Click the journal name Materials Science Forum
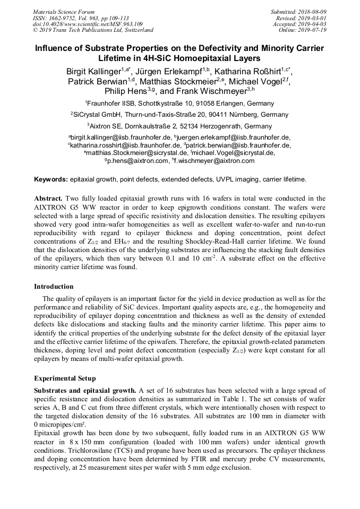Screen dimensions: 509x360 [64, 11]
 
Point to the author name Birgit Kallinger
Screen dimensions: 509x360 [93, 71]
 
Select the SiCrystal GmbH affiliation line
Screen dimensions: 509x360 [179, 115]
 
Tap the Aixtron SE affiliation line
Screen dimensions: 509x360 [179, 126]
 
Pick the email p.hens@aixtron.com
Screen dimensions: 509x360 [138, 161]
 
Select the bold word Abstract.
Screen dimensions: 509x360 [48, 199]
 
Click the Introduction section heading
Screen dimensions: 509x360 [54, 287]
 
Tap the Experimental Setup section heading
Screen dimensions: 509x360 [65, 378]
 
